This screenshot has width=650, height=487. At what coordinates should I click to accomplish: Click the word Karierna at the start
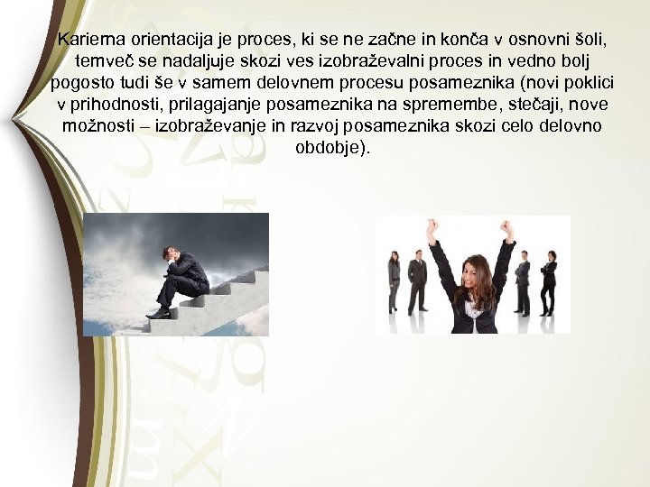pos(88,40)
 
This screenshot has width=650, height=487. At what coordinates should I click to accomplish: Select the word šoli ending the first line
pos(586,40)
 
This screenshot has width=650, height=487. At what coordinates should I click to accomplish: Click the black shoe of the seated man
pos(161,313)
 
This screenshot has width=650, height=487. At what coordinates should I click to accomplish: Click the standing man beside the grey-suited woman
pos(417,281)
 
